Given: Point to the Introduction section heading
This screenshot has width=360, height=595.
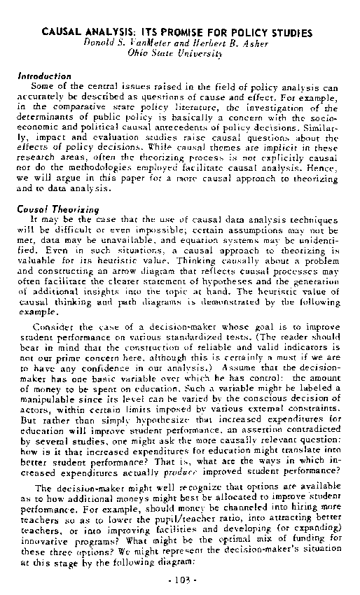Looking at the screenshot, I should point(44,76).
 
